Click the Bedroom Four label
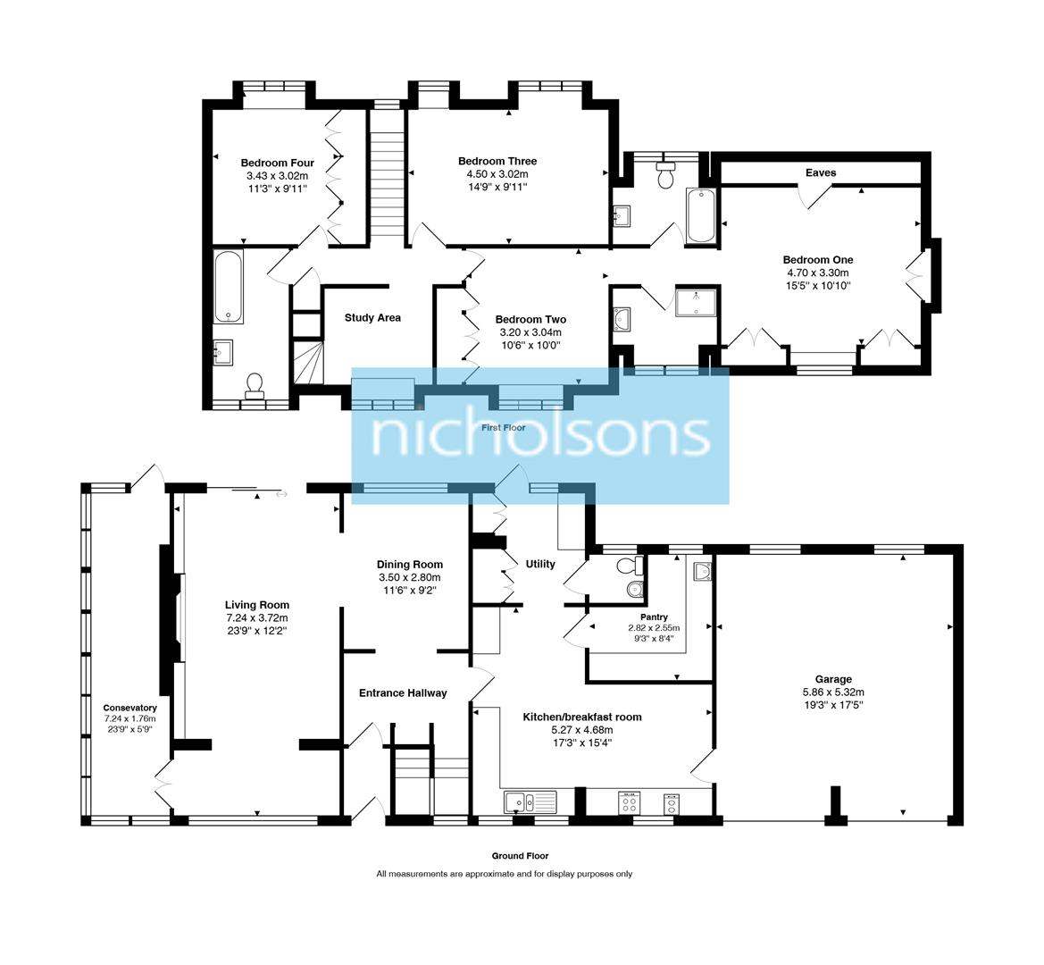[277, 163]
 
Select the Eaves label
[820, 172]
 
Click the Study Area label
[372, 317]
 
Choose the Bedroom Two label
[530, 319]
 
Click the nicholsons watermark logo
[540, 435]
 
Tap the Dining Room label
[409, 564]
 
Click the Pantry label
[654, 617]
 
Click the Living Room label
[256, 605]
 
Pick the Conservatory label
[129, 708]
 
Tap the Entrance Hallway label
[402, 692]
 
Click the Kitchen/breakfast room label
[581, 717]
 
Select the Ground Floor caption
[520, 855]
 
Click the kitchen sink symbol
[521, 802]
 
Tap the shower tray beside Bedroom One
[697, 302]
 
